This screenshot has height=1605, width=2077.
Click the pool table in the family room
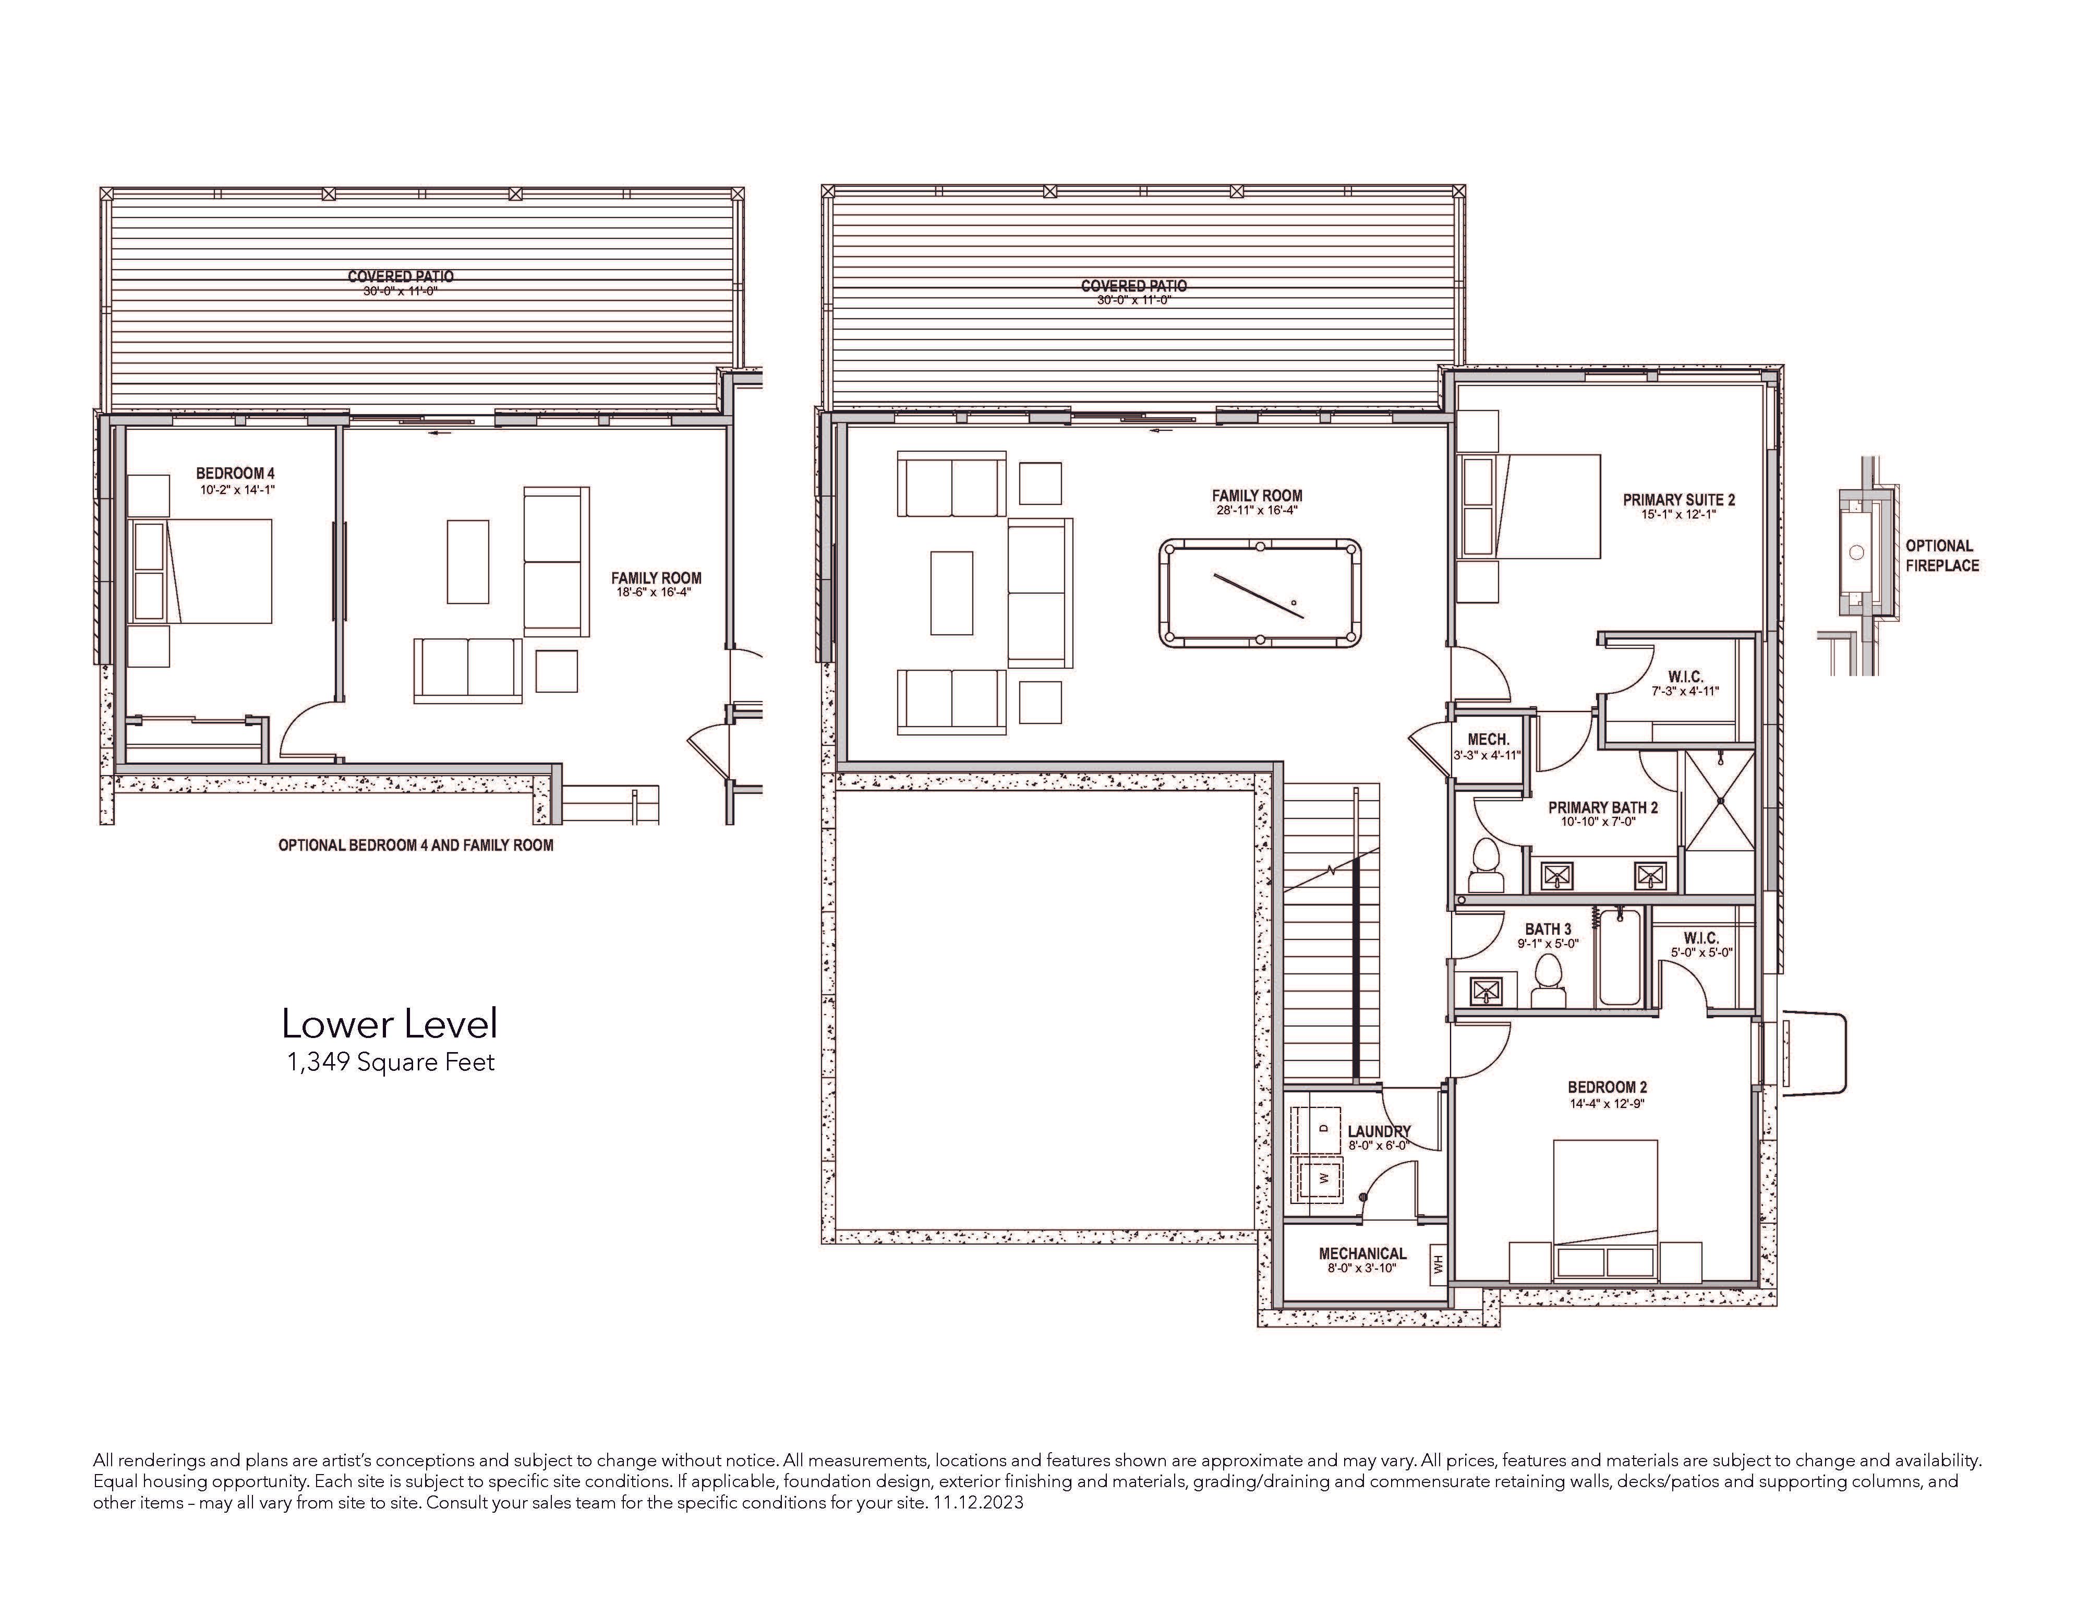pos(1260,595)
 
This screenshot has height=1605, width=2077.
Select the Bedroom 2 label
pos(1607,1088)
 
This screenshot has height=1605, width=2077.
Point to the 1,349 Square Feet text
pos(391,1062)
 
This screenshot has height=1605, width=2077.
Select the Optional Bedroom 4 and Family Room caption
pos(416,844)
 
